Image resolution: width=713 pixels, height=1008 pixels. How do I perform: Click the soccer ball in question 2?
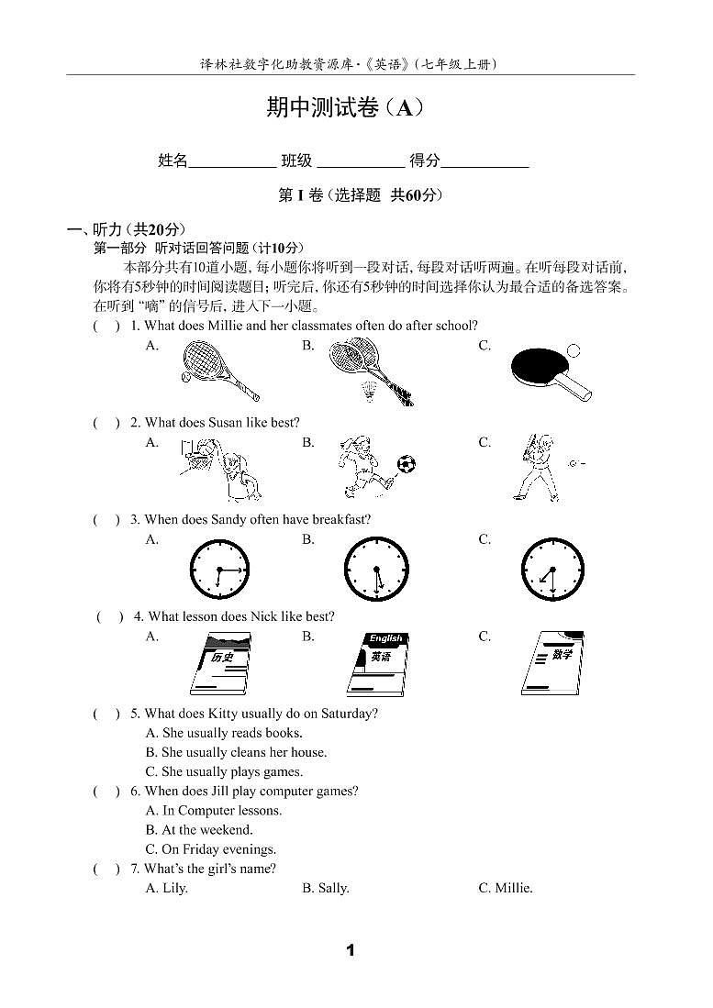click(x=407, y=464)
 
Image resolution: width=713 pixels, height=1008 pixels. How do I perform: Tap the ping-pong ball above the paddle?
click(x=574, y=350)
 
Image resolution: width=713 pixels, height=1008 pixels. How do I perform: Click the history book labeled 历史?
click(x=220, y=664)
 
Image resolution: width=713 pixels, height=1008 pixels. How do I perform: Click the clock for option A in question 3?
click(x=219, y=570)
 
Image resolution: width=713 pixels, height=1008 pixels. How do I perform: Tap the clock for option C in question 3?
click(x=552, y=570)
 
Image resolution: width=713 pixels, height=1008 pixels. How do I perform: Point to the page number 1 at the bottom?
click(x=350, y=950)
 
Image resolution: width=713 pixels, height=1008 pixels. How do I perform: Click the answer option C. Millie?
click(x=505, y=888)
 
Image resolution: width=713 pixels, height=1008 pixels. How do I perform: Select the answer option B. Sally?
click(x=325, y=888)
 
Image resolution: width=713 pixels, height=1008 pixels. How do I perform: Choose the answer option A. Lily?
click(x=166, y=888)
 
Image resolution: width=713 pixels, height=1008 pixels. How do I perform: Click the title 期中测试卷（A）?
click(x=345, y=108)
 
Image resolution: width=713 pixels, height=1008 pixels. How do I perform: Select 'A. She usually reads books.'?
click(x=224, y=733)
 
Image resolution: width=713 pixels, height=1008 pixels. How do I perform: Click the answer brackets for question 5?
click(x=106, y=714)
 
